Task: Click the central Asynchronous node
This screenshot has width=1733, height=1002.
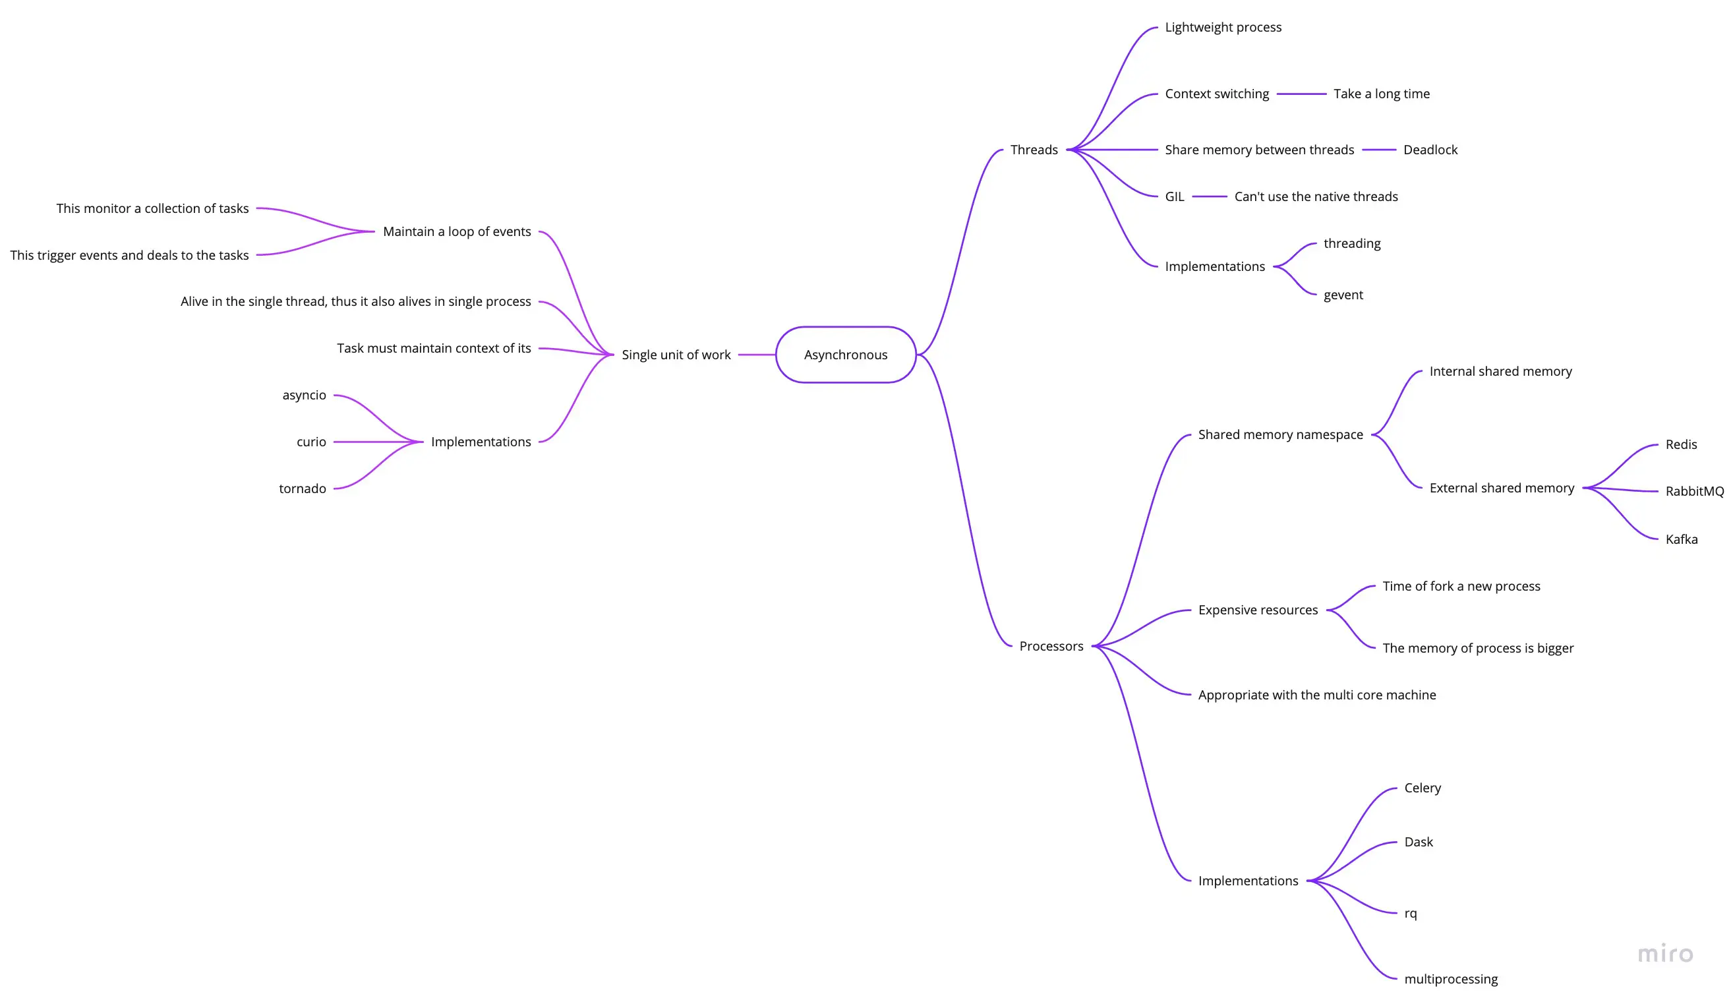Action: pos(845,355)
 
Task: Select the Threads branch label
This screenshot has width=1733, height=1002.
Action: pos(1034,150)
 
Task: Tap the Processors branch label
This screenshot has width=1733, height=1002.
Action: pos(1051,647)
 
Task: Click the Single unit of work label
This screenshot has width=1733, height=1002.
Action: pos(676,355)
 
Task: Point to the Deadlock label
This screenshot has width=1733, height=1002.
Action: pos(1430,150)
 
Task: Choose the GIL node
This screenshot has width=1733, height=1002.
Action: pos(1175,196)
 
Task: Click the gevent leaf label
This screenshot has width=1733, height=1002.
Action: pos(1343,295)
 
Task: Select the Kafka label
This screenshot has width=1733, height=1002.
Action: pos(1682,539)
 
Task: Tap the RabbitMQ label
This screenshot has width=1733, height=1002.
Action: pos(1695,491)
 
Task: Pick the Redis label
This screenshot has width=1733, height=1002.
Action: pos(1681,444)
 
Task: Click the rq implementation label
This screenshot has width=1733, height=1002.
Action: pos(1411,914)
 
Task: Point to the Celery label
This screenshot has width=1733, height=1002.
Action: pos(1422,788)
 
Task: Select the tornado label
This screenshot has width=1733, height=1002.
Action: pos(303,488)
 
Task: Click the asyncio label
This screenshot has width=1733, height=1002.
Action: pos(304,396)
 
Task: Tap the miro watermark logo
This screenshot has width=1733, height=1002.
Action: pos(1665,954)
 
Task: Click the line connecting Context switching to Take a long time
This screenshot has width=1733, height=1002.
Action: pos(1301,94)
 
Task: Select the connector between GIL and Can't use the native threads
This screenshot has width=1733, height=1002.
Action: pos(1210,196)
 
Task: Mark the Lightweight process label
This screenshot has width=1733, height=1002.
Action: pos(1223,28)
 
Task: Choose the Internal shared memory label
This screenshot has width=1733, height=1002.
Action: pos(1500,371)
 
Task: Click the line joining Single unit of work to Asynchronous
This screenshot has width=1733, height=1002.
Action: pos(757,355)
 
